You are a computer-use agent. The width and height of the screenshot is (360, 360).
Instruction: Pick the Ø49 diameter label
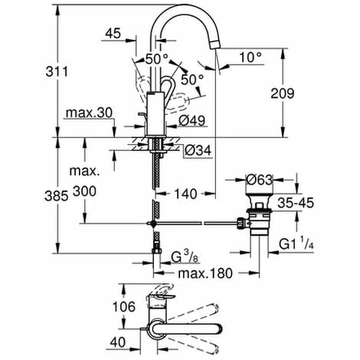191,119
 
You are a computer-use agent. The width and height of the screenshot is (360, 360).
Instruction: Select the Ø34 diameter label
198,150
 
